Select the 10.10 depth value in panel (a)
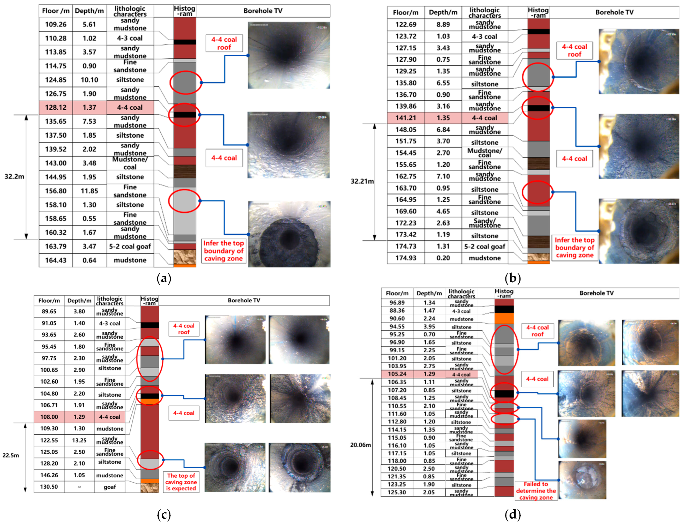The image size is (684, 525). click(x=89, y=80)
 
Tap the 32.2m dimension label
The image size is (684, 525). click(x=14, y=177)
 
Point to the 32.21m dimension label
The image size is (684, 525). click(x=362, y=181)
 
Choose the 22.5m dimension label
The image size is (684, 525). click(x=11, y=455)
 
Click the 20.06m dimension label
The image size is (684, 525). click(x=360, y=445)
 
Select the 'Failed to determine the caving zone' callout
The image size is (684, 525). click(x=536, y=491)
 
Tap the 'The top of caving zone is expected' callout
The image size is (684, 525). click(x=181, y=482)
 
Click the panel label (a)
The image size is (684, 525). click(x=164, y=278)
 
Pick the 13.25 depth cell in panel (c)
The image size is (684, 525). click(x=79, y=440)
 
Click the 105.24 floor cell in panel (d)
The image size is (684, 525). click(x=397, y=374)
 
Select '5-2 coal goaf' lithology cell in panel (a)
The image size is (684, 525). click(x=130, y=246)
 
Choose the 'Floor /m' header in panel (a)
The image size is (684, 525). click(x=56, y=11)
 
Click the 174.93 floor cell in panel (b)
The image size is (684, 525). click(x=406, y=258)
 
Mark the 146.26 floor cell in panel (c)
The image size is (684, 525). click(x=49, y=475)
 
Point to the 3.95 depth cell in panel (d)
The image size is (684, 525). click(x=429, y=327)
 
